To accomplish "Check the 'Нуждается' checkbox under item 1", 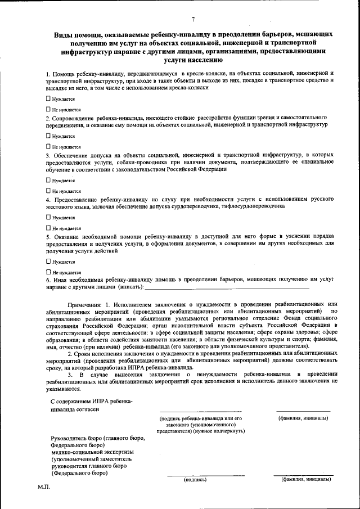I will [48, 98].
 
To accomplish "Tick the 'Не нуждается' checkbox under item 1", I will [48, 109].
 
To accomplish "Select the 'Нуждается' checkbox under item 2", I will [48, 136].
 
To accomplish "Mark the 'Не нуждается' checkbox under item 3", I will [48, 191].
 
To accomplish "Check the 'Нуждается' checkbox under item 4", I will [48, 217].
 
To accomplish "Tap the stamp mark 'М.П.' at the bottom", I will [44, 488].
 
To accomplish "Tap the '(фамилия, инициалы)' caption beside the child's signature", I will [304, 418].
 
